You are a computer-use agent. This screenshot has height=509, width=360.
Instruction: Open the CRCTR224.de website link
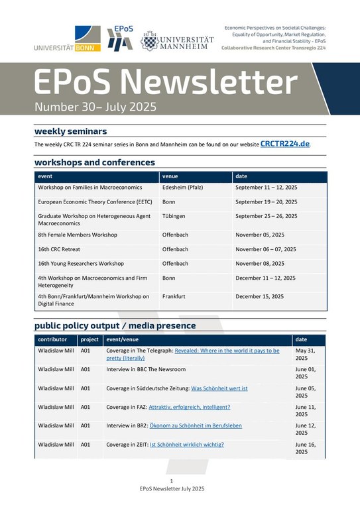284,143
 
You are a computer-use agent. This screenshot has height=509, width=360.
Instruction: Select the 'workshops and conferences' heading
95,162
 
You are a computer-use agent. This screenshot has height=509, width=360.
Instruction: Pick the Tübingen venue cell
174,216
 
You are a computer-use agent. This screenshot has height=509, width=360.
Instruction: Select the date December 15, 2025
260,296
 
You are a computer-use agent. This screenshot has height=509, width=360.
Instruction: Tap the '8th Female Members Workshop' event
78,235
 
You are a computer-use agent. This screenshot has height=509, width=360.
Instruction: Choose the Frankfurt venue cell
175,296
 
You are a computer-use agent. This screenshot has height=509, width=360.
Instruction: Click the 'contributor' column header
53,339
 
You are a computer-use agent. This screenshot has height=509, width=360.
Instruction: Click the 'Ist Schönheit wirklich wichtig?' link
187,445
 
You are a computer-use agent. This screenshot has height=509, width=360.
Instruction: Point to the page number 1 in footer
172,481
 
